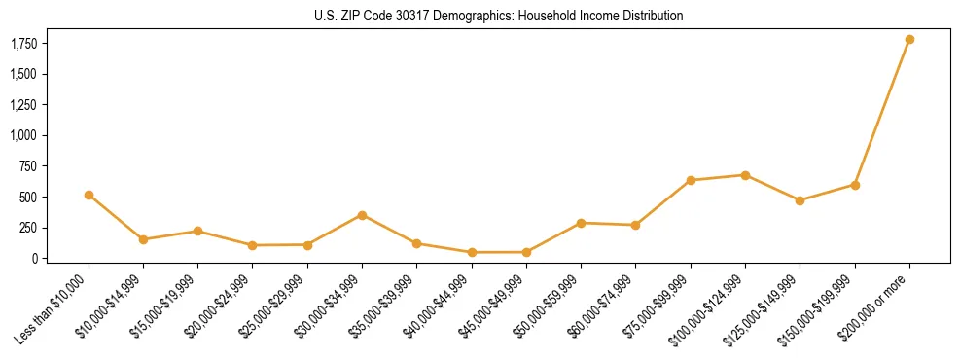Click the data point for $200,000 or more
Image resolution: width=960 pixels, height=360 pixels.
tap(909, 40)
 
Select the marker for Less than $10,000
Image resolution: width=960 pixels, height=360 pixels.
tap(89, 195)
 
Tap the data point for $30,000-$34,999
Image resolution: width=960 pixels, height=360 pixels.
tap(362, 215)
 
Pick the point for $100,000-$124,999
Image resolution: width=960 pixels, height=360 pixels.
tap(745, 175)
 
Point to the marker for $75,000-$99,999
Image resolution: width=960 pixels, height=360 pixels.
tap(691, 180)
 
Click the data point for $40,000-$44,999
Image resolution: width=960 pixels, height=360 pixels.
tap(472, 252)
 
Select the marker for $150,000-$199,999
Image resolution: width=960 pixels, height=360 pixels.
tap(855, 185)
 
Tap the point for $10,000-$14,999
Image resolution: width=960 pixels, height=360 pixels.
tap(143, 239)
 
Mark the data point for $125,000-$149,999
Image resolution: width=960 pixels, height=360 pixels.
tap(800, 200)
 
